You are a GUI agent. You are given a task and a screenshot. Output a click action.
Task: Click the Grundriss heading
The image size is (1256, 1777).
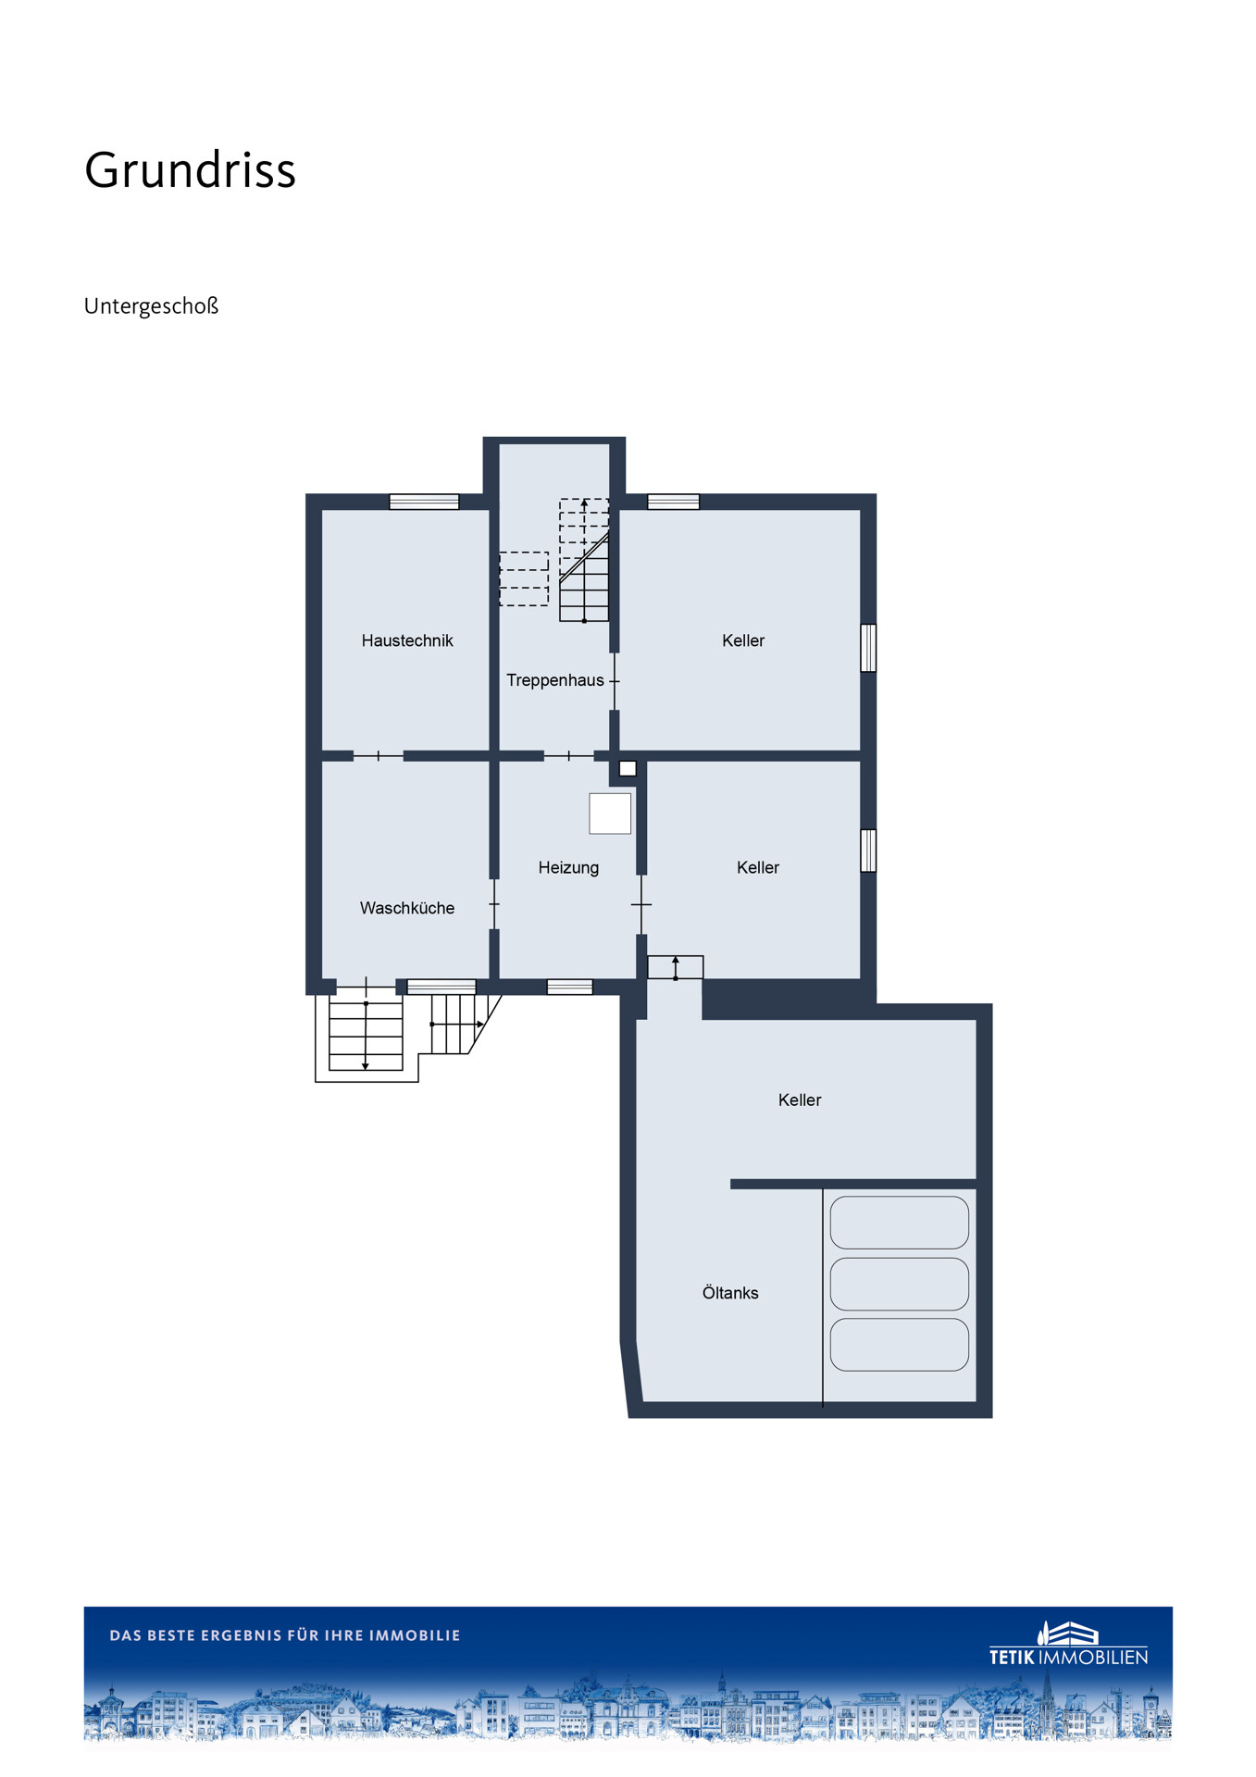[x=190, y=170]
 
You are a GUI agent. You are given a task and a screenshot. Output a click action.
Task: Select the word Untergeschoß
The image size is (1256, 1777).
[x=151, y=306]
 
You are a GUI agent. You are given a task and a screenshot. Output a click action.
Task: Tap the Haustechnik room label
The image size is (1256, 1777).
[x=407, y=640]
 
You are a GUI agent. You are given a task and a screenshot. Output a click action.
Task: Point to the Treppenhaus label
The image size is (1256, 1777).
[x=555, y=680]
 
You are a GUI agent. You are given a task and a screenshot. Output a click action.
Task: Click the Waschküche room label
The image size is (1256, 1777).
[x=407, y=908]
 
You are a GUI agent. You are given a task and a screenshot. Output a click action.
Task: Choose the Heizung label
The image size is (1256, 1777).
[x=568, y=867]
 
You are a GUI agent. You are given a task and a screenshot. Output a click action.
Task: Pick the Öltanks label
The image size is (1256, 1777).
[x=730, y=1293]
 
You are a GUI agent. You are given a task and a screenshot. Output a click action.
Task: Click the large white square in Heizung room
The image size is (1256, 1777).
[x=610, y=814]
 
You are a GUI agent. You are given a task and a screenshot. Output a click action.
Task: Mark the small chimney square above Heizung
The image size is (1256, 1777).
[x=628, y=768]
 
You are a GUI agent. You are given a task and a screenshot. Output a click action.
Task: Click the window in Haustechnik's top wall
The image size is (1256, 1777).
[x=424, y=502]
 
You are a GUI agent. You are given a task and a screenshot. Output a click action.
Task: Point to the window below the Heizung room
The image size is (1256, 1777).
[x=570, y=988]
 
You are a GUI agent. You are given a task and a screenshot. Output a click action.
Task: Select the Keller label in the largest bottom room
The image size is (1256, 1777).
[x=800, y=1100]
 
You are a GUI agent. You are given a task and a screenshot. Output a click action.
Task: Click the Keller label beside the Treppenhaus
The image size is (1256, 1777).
[x=743, y=640]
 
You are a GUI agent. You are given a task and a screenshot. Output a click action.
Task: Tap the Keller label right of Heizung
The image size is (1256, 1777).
[x=758, y=867]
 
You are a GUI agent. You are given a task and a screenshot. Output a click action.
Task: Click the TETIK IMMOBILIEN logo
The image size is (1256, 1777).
[x=1069, y=1644]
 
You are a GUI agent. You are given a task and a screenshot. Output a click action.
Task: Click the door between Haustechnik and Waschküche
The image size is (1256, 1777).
[x=379, y=756]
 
